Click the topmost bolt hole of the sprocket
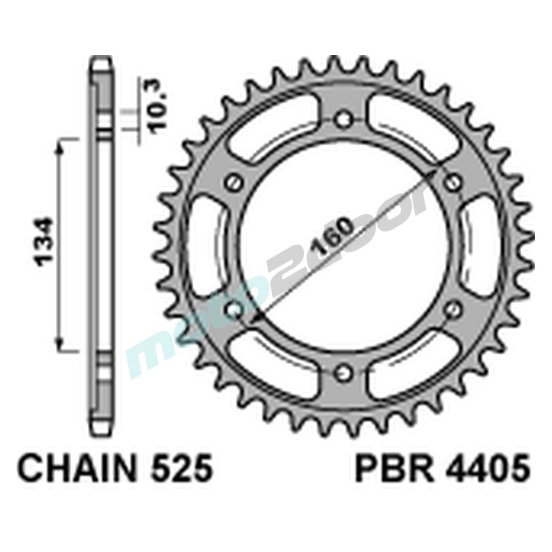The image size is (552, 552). click(344, 118)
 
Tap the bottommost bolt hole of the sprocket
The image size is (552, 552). click(344, 372)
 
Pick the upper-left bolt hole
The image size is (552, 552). click(233, 182)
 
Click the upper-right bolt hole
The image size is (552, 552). click(454, 182)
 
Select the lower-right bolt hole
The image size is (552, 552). click(454, 309)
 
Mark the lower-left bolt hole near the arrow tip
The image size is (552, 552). click(233, 309)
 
